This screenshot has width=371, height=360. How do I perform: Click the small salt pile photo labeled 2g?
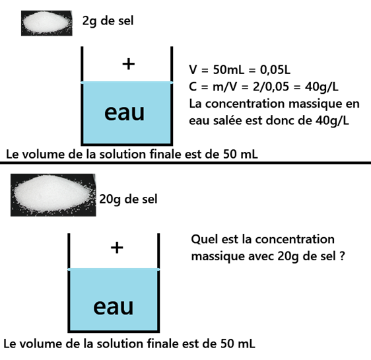[47, 23]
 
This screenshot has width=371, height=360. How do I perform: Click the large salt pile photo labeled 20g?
[53, 195]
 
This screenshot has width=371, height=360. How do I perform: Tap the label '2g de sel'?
[108, 21]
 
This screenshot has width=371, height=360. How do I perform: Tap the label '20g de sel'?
[128, 199]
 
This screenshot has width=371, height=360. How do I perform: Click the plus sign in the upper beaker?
[129, 64]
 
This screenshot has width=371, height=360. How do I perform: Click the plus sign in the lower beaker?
[117, 248]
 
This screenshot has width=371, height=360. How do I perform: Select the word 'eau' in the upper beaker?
[125, 113]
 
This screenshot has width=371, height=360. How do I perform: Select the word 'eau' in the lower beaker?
[114, 306]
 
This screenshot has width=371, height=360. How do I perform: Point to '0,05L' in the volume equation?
[275, 70]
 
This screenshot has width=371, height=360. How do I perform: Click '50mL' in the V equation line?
[228, 70]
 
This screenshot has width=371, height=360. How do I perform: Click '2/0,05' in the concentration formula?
[271, 87]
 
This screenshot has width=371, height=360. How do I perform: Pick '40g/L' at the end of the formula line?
[321, 87]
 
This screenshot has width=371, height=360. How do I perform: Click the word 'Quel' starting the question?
[205, 239]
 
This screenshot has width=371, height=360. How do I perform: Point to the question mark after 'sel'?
[342, 256]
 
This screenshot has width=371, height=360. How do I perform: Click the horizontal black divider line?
[185, 162]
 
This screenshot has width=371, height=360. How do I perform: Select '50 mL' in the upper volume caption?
[240, 155]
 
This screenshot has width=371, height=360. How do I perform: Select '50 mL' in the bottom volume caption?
[238, 343]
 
